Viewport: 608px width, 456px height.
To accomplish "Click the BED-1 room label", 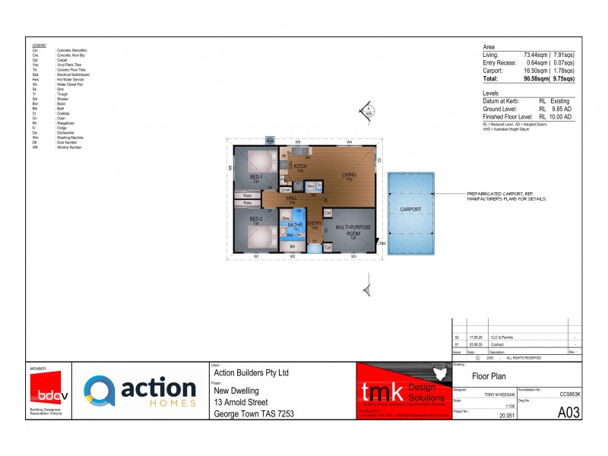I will pyautogui.click(x=256, y=177).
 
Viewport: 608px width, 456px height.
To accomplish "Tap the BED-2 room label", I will pyautogui.click(x=256, y=219).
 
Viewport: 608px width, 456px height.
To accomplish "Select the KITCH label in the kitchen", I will pyautogui.click(x=300, y=166).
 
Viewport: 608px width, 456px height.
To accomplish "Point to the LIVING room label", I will pyautogui.click(x=348, y=175).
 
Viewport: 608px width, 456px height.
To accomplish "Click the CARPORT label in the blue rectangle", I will pyautogui.click(x=410, y=208).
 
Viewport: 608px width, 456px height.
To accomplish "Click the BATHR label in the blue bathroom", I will pyautogui.click(x=296, y=225).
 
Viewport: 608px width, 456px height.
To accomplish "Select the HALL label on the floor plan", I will pyautogui.click(x=292, y=198).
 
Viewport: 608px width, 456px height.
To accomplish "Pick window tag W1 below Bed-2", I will pyautogui.click(x=257, y=257).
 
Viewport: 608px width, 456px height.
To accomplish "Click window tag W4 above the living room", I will pyautogui.click(x=349, y=142).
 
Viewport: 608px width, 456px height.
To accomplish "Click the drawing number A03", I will pyautogui.click(x=568, y=412).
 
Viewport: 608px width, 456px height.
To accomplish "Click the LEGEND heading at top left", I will pyautogui.click(x=39, y=46).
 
